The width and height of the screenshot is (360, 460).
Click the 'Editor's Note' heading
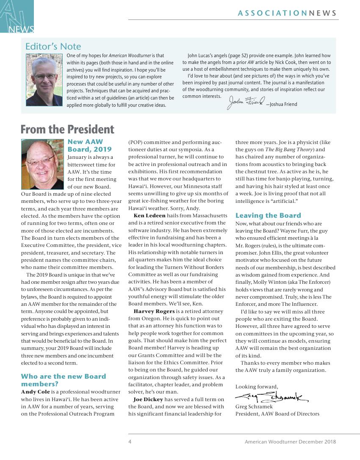(53, 46)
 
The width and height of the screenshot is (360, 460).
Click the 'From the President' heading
(67, 129)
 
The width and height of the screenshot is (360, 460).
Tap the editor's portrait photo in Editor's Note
(44, 79)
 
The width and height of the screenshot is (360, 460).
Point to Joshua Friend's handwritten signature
(246, 102)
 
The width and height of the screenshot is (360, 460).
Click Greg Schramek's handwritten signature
(271, 397)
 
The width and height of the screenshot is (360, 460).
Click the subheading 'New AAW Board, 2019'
(89, 145)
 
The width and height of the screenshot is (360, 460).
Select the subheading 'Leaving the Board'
(268, 215)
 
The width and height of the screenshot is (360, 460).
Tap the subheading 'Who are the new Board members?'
(64, 380)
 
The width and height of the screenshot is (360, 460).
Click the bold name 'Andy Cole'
(35, 391)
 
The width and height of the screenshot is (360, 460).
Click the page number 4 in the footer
(130, 441)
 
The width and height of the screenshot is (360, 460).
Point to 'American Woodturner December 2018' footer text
(290, 441)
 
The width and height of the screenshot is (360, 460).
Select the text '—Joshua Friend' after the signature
(282, 104)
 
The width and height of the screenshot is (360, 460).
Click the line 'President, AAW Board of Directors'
(277, 413)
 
